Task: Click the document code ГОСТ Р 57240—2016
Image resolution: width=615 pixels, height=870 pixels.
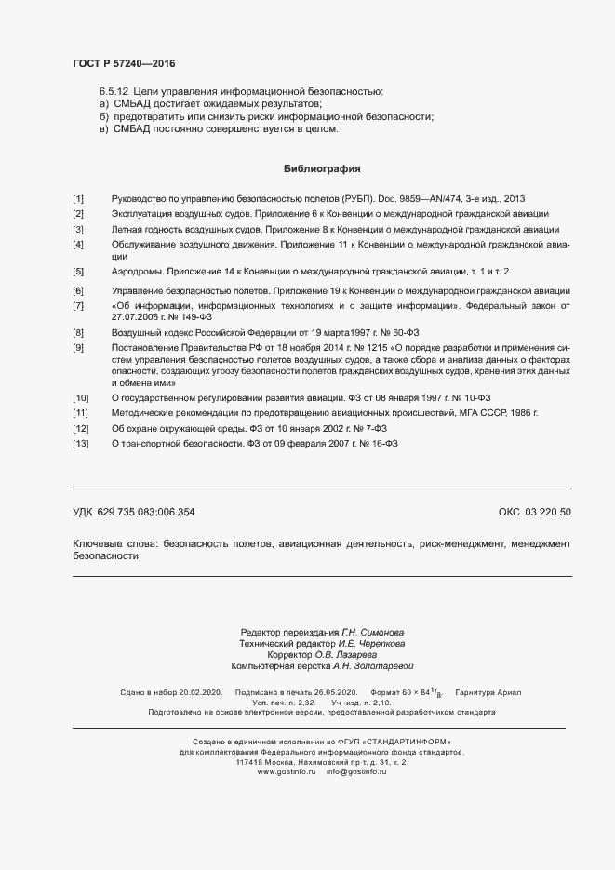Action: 123,64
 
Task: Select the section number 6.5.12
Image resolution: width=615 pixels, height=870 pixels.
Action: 114,92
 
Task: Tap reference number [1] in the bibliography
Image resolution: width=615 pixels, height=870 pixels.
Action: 78,199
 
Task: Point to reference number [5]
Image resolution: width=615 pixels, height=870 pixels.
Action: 78,271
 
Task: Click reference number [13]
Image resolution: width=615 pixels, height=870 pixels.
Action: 80,444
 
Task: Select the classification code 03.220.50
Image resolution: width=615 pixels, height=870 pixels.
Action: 548,513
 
